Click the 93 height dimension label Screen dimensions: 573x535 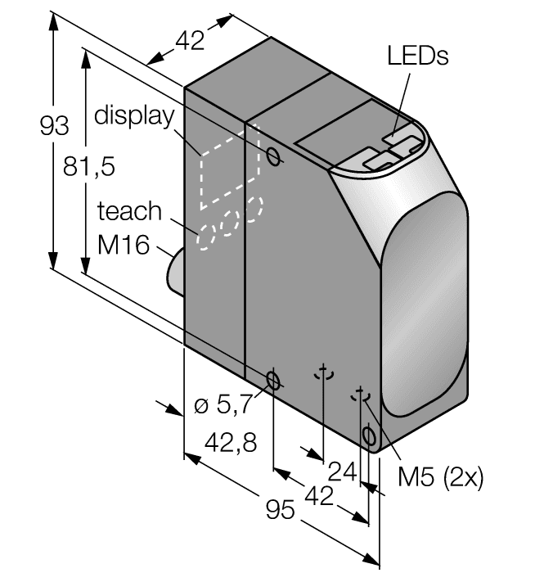point(54,127)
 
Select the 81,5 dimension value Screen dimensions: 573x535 point(88,166)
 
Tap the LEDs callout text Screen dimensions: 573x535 point(418,56)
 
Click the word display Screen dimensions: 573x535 point(134,115)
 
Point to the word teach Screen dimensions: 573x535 point(129,211)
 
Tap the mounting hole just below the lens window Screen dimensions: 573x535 point(369,434)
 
